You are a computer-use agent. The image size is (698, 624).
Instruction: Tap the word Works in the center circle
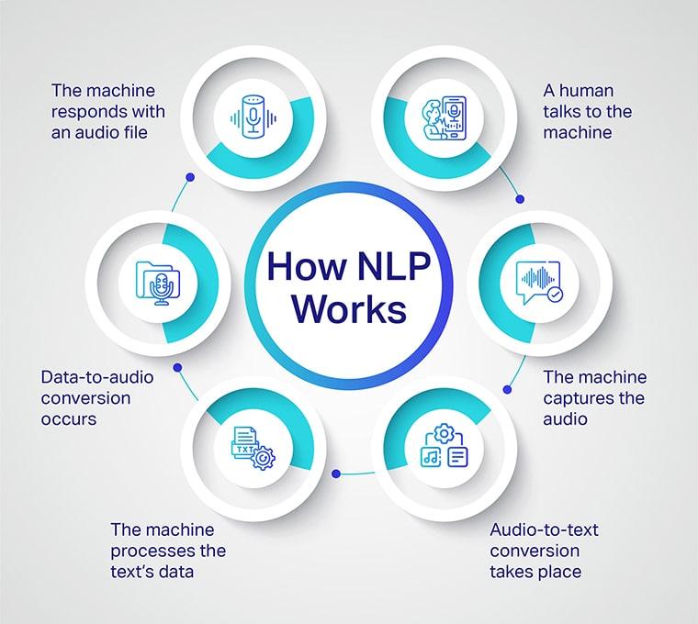pyautogui.click(x=349, y=308)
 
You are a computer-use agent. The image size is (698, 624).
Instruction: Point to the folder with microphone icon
pyautogui.click(x=157, y=281)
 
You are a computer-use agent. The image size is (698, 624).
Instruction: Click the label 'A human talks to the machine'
pyautogui.click(x=588, y=111)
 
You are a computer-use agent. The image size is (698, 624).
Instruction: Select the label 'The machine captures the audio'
pyautogui.click(x=594, y=397)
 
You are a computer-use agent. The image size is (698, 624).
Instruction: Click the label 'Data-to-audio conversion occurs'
pyautogui.click(x=97, y=397)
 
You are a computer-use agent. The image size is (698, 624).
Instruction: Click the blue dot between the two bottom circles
pyautogui.click(x=336, y=474)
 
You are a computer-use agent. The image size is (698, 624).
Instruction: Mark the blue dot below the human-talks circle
pyautogui.click(x=519, y=196)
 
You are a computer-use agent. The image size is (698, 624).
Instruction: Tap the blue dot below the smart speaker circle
pyautogui.click(x=189, y=176)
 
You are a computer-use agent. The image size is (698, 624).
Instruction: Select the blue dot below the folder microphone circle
pyautogui.click(x=176, y=367)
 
